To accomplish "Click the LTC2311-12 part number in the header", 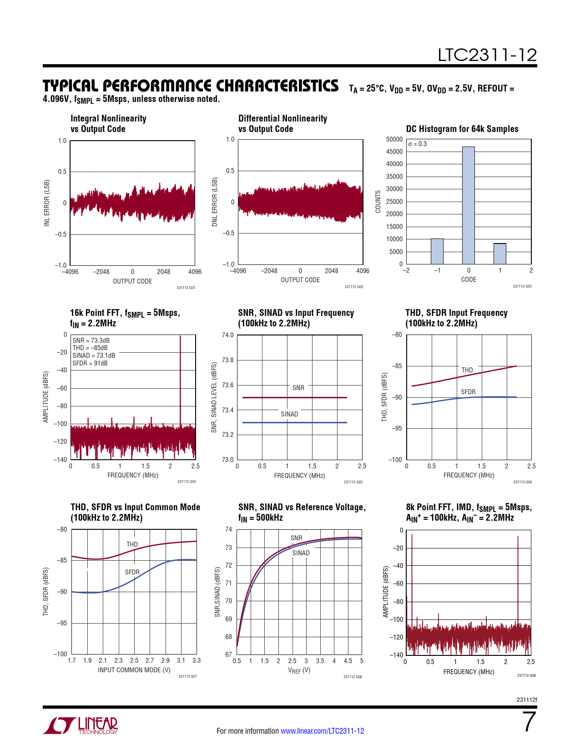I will tap(487, 56).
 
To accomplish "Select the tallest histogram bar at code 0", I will tap(469, 205).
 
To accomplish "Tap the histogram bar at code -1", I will tap(437, 251).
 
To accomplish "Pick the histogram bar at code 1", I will tap(500, 254).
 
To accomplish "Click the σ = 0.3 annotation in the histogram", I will tap(418, 144).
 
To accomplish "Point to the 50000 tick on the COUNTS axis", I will tap(394, 139).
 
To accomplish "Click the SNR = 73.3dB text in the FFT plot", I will tap(91, 340).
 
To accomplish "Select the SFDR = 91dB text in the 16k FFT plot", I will tap(90, 363).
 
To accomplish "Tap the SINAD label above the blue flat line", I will tap(289, 414).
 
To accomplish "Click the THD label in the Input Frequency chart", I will tap(467, 370).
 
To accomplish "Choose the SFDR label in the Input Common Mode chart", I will tap(132, 572).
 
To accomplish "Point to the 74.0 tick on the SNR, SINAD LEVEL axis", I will tap(227, 335).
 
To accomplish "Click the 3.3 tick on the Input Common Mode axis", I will tap(197, 660).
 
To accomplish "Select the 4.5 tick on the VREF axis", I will tap(348, 661).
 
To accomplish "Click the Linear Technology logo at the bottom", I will tap(81, 726).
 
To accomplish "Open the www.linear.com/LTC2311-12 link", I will tap(322, 731).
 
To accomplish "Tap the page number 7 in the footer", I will tap(529, 722).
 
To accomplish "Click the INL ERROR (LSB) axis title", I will tap(47, 203).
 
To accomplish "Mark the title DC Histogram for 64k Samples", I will tap(462, 129).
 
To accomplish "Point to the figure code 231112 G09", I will tap(526, 675).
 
